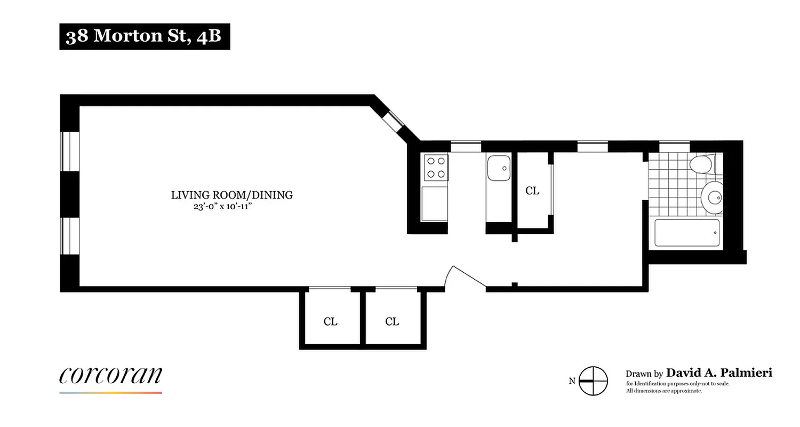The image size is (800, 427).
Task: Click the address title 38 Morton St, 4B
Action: point(144,36)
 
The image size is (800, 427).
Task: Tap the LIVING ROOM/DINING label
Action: point(231,195)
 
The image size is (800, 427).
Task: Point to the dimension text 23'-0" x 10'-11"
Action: point(222,207)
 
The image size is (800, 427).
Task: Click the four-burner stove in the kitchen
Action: point(435,167)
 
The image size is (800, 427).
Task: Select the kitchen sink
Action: point(499,168)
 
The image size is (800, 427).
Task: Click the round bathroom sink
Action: point(713,197)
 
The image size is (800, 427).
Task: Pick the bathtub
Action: point(687,233)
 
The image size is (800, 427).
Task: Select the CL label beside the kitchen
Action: point(532,191)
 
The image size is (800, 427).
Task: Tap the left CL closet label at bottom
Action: point(331,321)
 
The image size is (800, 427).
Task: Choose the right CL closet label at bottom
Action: point(392,321)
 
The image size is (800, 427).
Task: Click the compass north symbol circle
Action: point(593,381)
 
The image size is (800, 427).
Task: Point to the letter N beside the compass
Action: point(572,381)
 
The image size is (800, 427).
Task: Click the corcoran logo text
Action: point(110,375)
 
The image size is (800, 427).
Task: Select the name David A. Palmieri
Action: point(719,373)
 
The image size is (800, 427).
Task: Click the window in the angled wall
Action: point(395,121)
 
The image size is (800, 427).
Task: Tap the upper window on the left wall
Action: point(70,151)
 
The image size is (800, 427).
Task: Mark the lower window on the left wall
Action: point(70,236)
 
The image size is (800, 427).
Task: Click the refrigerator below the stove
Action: point(435,203)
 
